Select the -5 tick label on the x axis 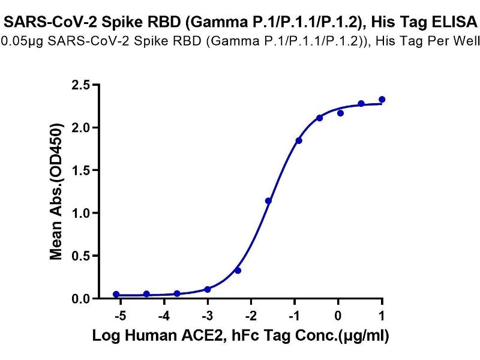[x=119, y=315]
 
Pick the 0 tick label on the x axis [x=340, y=315]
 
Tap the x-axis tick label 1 [x=382, y=315]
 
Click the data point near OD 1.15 [x=268, y=200]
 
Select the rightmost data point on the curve [x=382, y=100]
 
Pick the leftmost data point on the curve [x=116, y=295]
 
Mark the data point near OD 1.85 [x=299, y=140]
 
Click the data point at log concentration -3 [x=208, y=289]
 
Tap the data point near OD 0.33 [x=238, y=271]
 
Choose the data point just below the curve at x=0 [x=340, y=113]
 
